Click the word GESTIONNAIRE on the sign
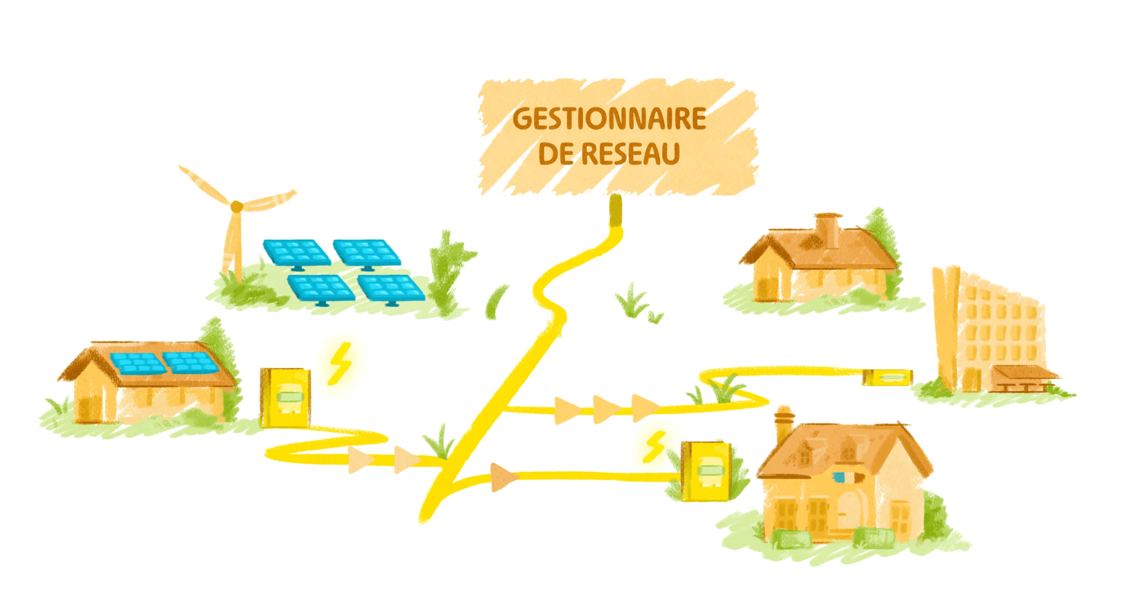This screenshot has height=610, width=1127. tap(609, 119)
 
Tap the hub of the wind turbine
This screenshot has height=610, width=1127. tap(237, 206)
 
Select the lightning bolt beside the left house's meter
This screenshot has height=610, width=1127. tap(340, 364)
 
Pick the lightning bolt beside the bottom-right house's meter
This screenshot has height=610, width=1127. tap(654, 446)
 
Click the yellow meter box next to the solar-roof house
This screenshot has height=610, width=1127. tap(285, 398)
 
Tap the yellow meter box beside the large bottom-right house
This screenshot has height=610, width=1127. tap(706, 471)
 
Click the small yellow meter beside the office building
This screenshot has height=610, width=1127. tap(888, 377)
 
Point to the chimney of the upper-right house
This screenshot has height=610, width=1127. tap(828, 230)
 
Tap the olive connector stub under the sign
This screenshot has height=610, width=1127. tap(615, 211)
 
